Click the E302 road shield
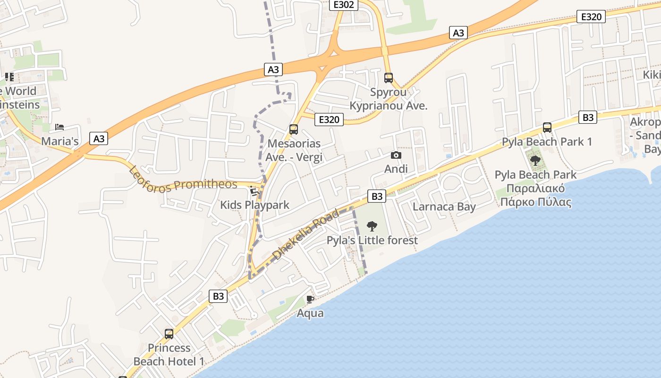[343, 5]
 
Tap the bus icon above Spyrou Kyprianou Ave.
[389, 78]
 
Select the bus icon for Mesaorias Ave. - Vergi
[293, 129]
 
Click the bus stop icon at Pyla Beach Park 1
[547, 128]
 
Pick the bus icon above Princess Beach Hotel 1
[169, 334]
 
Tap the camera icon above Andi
[396, 155]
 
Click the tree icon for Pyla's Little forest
[372, 226]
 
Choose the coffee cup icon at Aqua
[310, 299]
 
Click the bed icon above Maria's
[59, 127]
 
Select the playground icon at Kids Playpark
[254, 191]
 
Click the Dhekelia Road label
[306, 234]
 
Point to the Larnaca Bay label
[444, 206]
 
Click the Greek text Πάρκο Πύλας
[536, 203]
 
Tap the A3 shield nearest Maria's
[99, 138]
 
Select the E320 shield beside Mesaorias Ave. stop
[329, 120]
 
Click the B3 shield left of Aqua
[218, 296]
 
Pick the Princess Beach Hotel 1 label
[169, 355]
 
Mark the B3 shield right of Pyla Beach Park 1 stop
[588, 118]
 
